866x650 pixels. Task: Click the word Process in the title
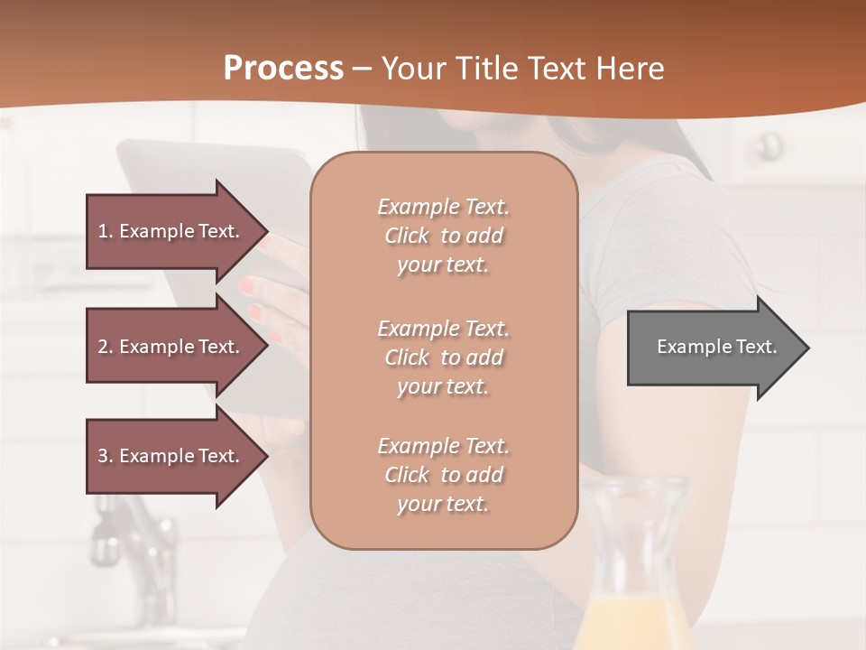283,69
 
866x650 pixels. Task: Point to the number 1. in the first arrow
106,231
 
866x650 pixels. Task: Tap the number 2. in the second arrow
106,347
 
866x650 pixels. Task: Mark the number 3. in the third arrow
106,456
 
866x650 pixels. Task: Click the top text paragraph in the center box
443,236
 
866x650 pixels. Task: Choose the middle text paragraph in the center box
443,357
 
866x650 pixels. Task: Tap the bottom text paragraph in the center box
443,475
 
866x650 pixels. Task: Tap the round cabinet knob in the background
769,144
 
